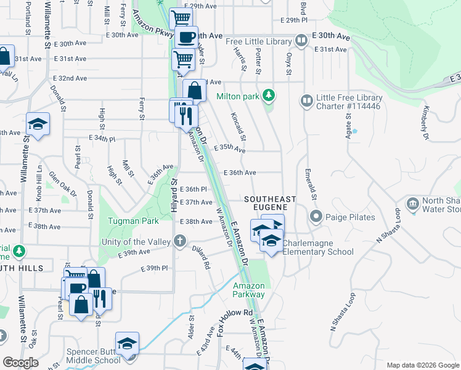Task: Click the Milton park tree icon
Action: click(x=268, y=96)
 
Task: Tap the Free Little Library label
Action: click(x=258, y=41)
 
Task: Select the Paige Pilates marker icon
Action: click(x=316, y=216)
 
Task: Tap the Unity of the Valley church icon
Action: click(x=179, y=241)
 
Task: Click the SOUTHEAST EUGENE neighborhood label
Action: click(x=270, y=204)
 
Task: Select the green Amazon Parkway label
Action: click(x=248, y=290)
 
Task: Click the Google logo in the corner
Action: click(x=20, y=362)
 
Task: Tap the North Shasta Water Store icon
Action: click(x=412, y=203)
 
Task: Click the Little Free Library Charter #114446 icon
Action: click(x=306, y=100)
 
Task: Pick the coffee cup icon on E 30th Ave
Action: click(x=186, y=37)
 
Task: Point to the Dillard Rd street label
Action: click(x=202, y=257)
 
